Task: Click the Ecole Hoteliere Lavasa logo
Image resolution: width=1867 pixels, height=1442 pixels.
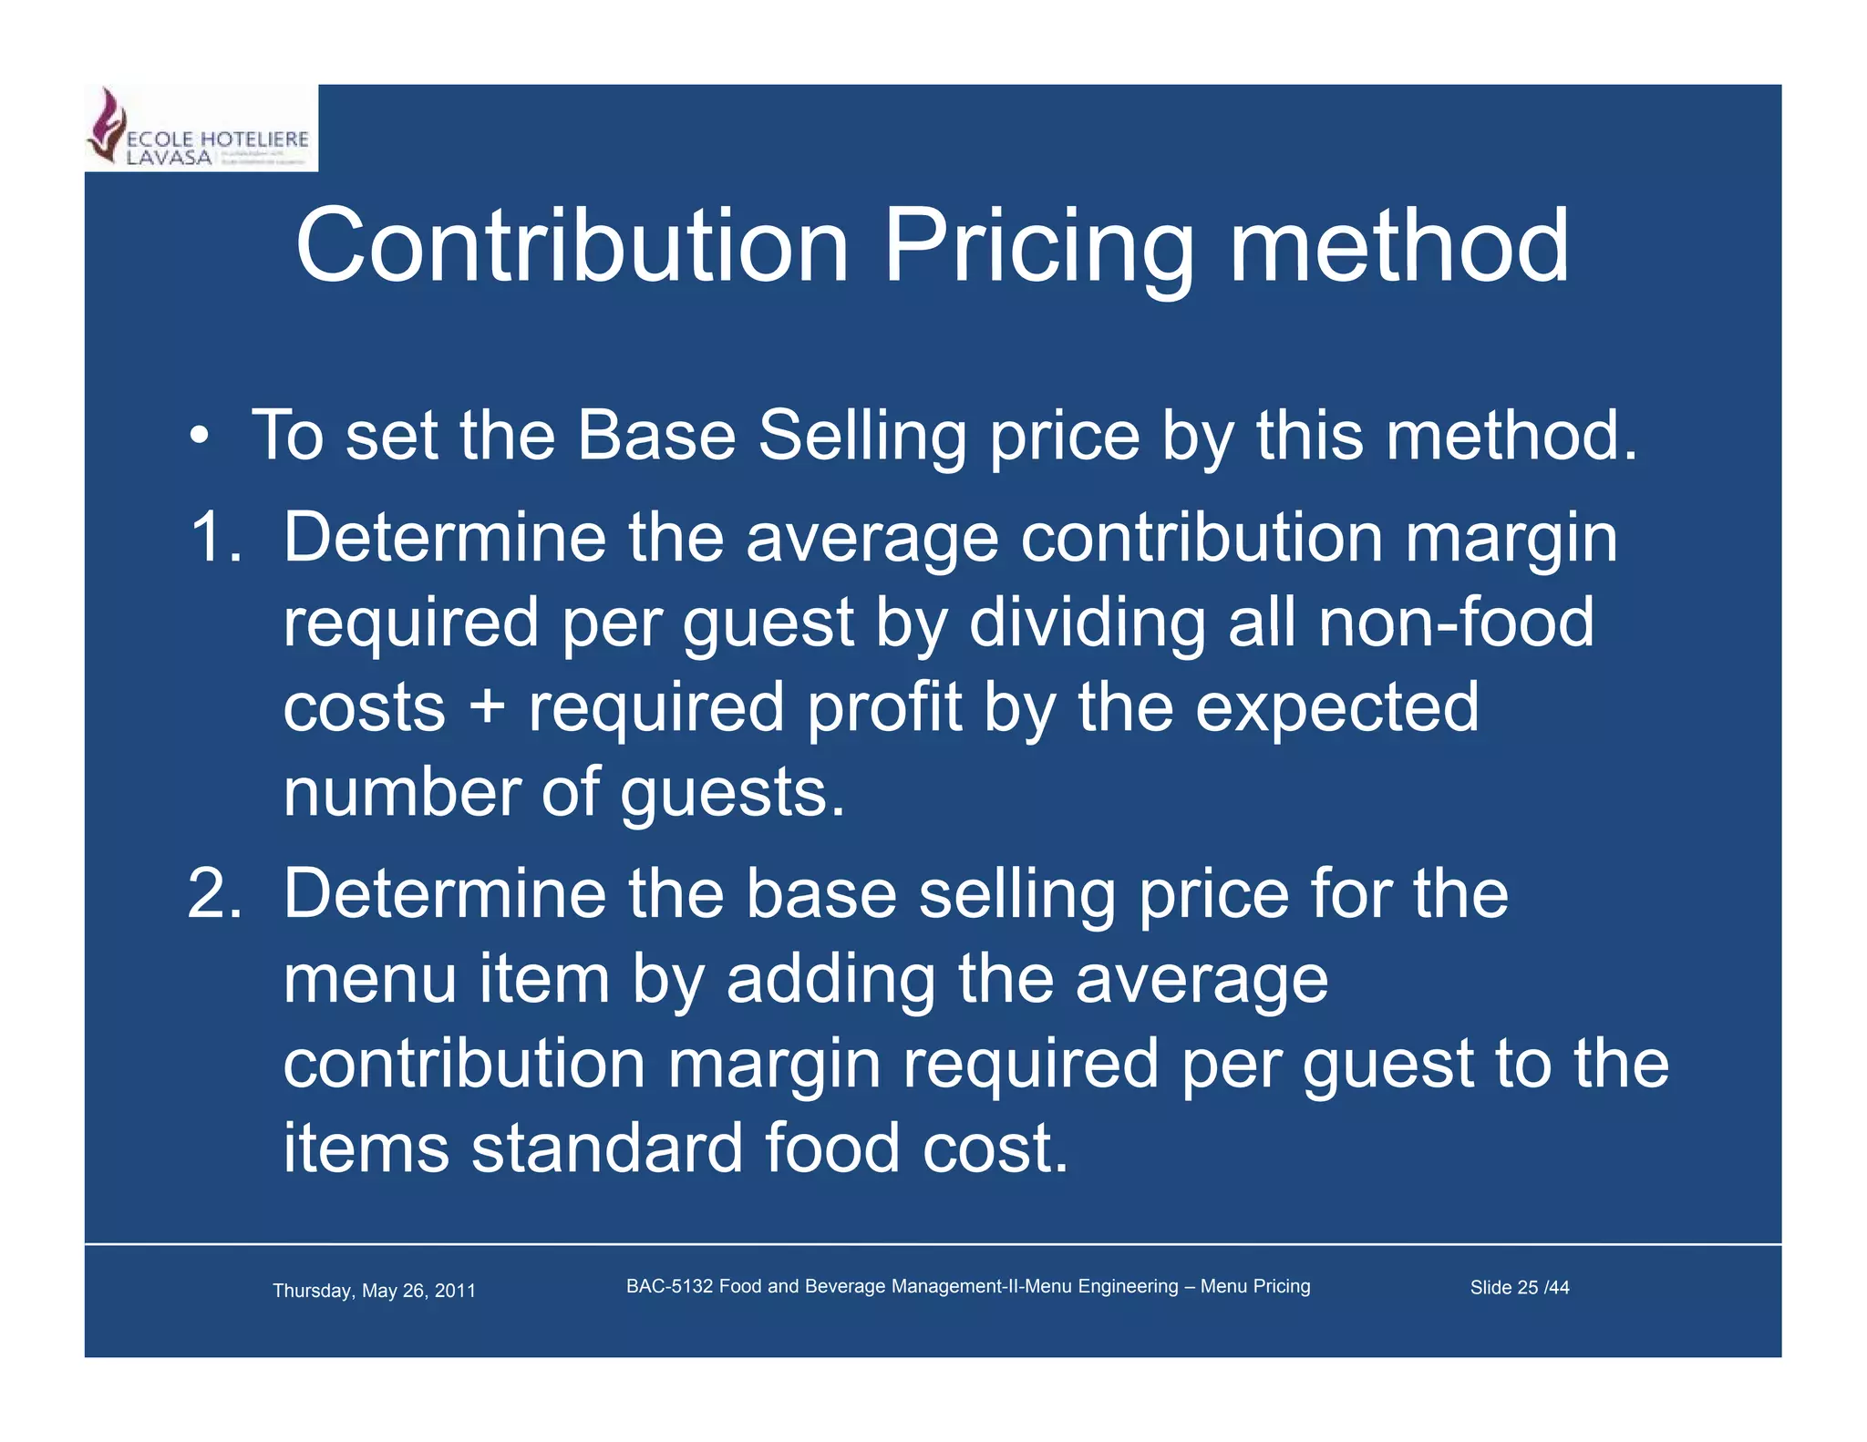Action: coord(201,129)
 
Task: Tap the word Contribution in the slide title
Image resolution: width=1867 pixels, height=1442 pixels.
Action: coord(572,246)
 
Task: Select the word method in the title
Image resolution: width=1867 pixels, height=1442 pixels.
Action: coord(1399,246)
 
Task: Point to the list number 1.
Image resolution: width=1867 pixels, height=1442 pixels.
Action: coord(215,537)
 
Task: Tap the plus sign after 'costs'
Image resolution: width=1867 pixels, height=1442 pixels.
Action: coord(488,707)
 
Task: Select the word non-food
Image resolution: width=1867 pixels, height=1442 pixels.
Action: coord(1456,622)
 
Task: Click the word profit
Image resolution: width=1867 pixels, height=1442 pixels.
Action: coord(884,707)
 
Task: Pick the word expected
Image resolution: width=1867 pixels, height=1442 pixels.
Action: coord(1336,707)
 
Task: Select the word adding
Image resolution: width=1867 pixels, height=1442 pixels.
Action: coord(830,981)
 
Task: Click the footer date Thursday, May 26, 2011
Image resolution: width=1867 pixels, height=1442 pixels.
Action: coord(374,1291)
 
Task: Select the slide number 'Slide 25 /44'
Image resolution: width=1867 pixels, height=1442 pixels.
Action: coord(1519,1287)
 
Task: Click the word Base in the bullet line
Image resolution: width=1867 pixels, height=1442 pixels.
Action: coord(656,436)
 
